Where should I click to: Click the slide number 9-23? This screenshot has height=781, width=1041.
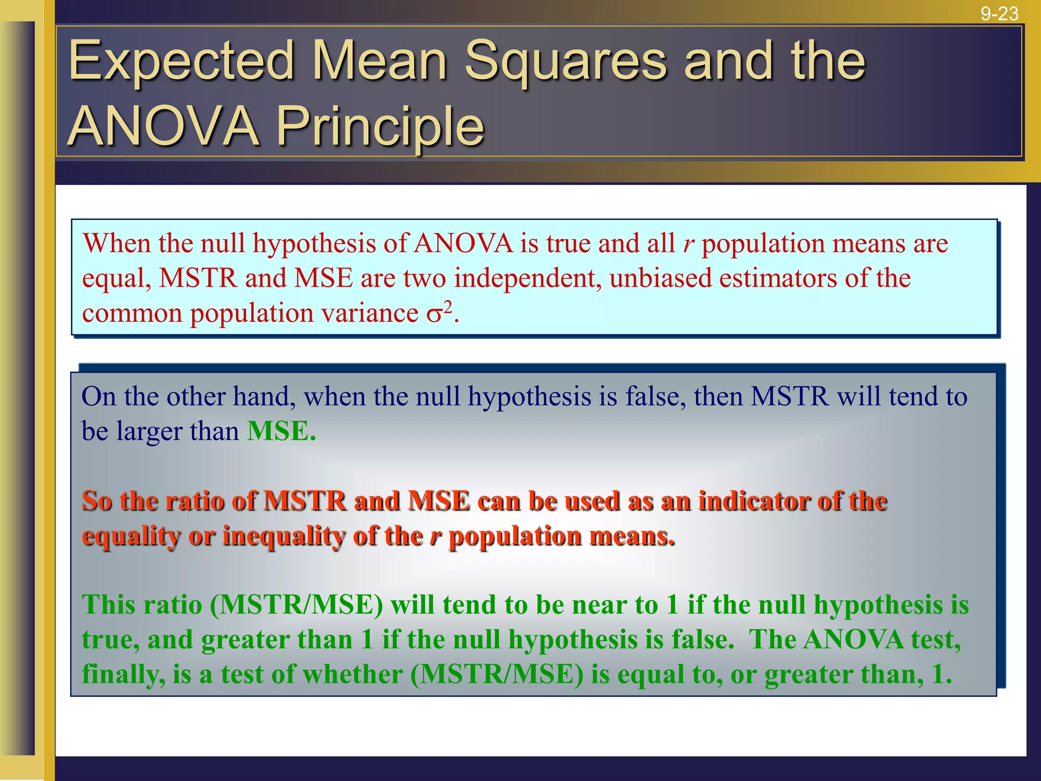pos(999,13)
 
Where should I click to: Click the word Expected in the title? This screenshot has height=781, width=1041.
pos(181,62)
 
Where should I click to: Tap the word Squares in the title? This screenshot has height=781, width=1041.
pos(565,62)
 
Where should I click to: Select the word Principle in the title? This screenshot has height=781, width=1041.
pos(380,126)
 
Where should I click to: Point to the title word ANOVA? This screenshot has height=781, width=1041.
pos(163,126)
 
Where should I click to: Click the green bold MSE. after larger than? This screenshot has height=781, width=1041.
pos(281,431)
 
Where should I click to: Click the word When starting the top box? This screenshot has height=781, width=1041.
pos(117,244)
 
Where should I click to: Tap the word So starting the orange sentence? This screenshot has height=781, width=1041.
pos(97,501)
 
